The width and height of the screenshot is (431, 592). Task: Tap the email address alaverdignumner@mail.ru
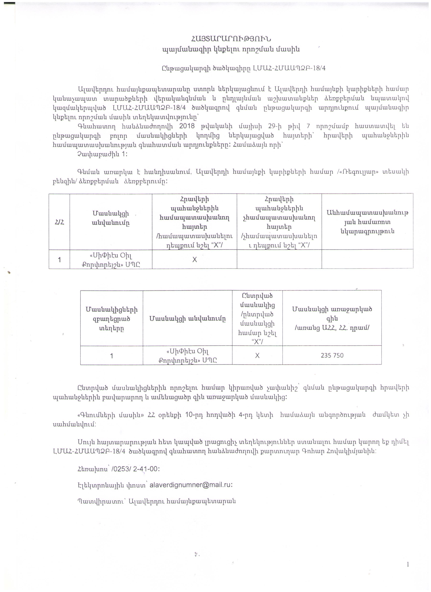pyautogui.click(x=190, y=485)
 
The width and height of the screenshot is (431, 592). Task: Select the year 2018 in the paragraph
pyautogui.click(x=187, y=126)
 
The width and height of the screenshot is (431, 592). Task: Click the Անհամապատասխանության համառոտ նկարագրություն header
pyautogui.click(x=367, y=222)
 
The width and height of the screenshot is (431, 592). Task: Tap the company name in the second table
pyautogui.click(x=188, y=355)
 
